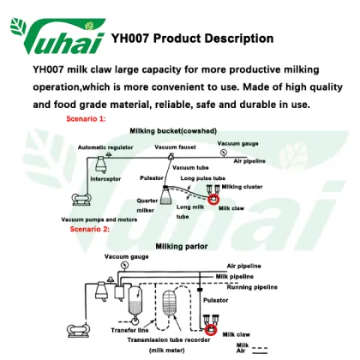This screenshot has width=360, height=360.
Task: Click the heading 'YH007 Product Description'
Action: pyautogui.click(x=192, y=39)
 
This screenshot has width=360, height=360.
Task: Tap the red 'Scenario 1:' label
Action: pyautogui.click(x=87, y=118)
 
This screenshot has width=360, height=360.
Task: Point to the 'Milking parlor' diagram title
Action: pyautogui.click(x=183, y=246)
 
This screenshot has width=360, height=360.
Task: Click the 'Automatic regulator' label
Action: pyautogui.click(x=106, y=147)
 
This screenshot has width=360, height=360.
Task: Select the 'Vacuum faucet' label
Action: pyautogui.click(x=176, y=147)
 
